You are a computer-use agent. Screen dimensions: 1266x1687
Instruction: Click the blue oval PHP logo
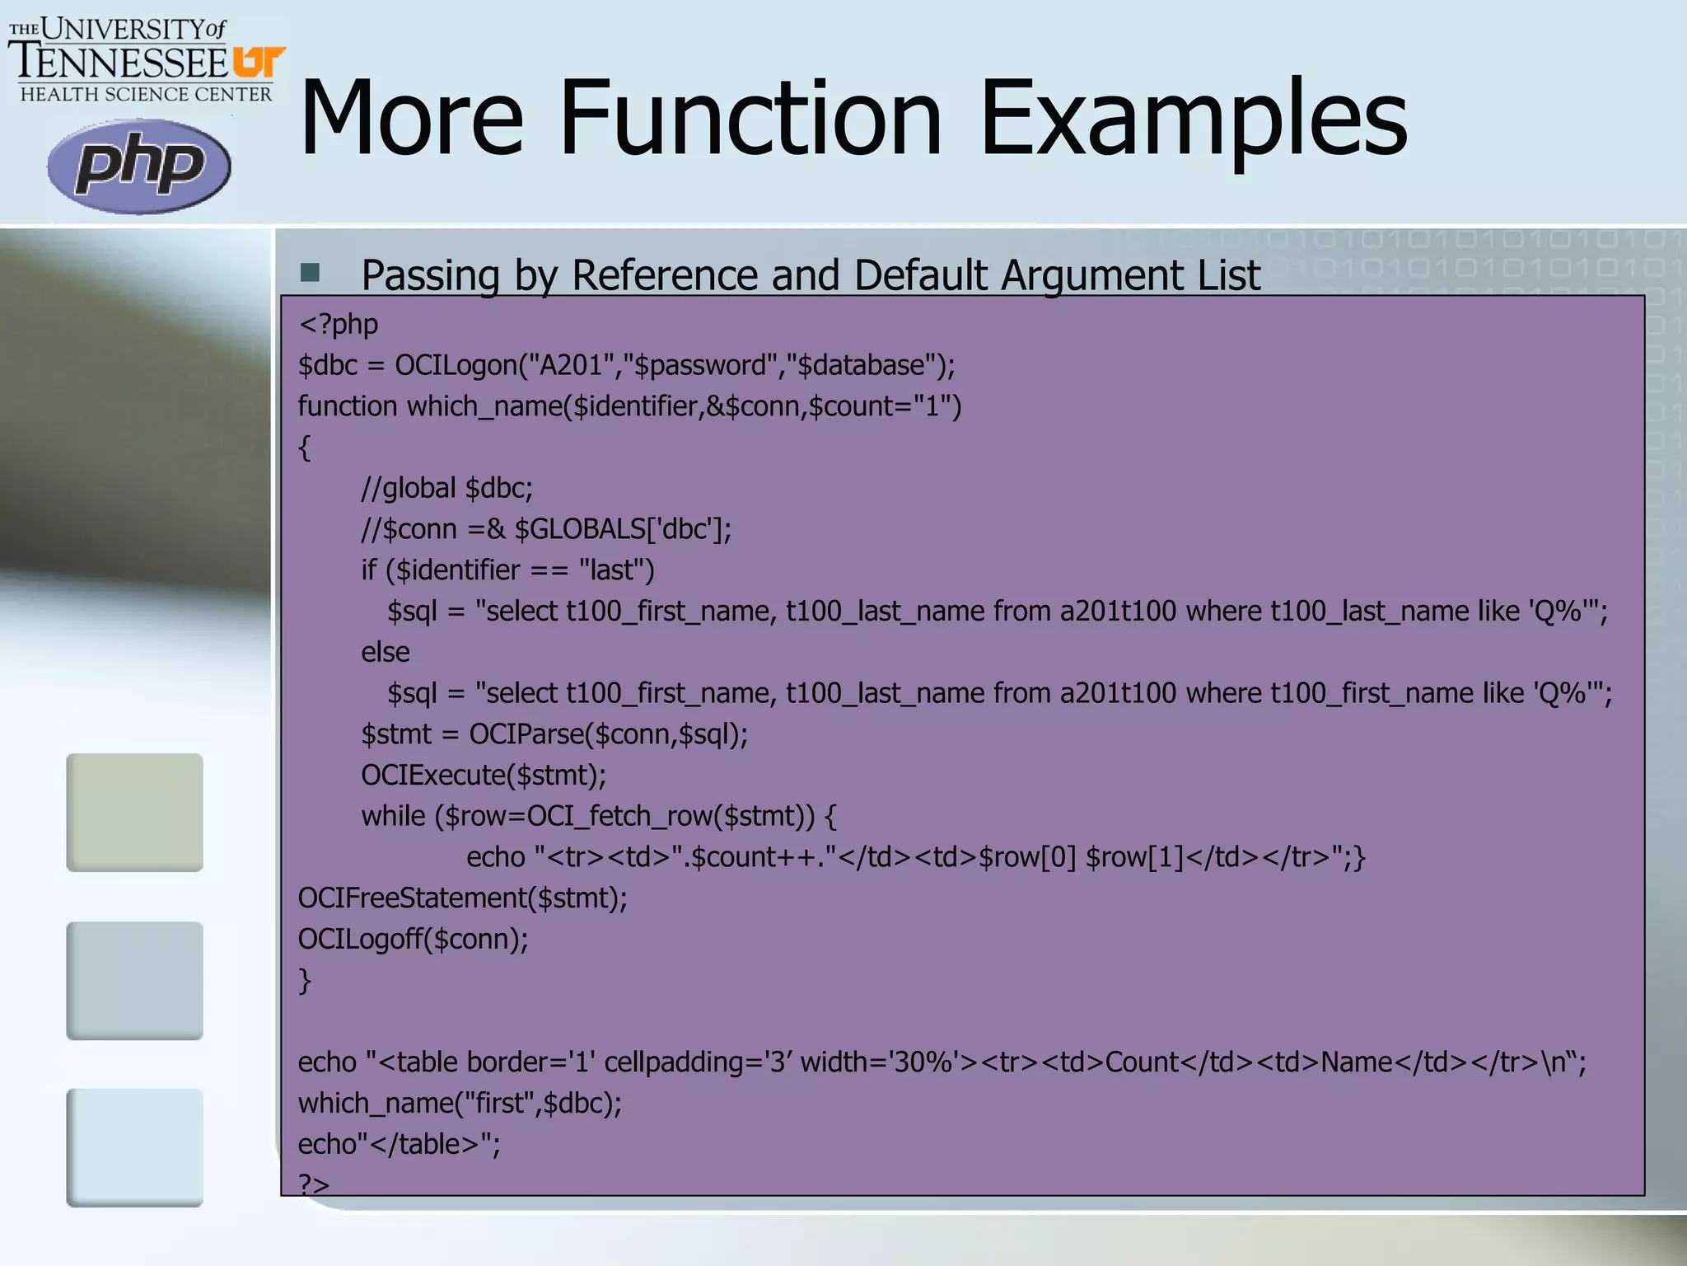tap(138, 166)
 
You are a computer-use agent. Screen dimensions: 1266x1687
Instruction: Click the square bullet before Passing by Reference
tap(311, 273)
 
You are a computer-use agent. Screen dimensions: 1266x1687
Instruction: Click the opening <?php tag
tap(339, 325)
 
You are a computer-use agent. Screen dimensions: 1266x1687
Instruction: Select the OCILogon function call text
tap(456, 365)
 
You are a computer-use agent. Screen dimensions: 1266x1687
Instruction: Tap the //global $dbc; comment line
tap(447, 488)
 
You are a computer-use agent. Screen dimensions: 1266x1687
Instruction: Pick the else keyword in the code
tap(386, 652)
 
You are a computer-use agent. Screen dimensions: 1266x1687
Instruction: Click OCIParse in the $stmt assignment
tap(526, 734)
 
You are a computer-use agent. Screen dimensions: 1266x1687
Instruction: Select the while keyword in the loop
tap(395, 816)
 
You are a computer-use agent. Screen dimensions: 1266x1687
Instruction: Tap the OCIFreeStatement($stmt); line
tap(462, 898)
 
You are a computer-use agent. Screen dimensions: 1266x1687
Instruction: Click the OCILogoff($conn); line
tap(413, 939)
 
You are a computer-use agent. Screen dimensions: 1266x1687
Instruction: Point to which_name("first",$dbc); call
tap(460, 1103)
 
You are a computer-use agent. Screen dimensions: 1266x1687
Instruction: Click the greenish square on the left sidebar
tap(135, 812)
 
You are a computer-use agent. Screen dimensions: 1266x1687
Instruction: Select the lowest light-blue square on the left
tap(135, 1147)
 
